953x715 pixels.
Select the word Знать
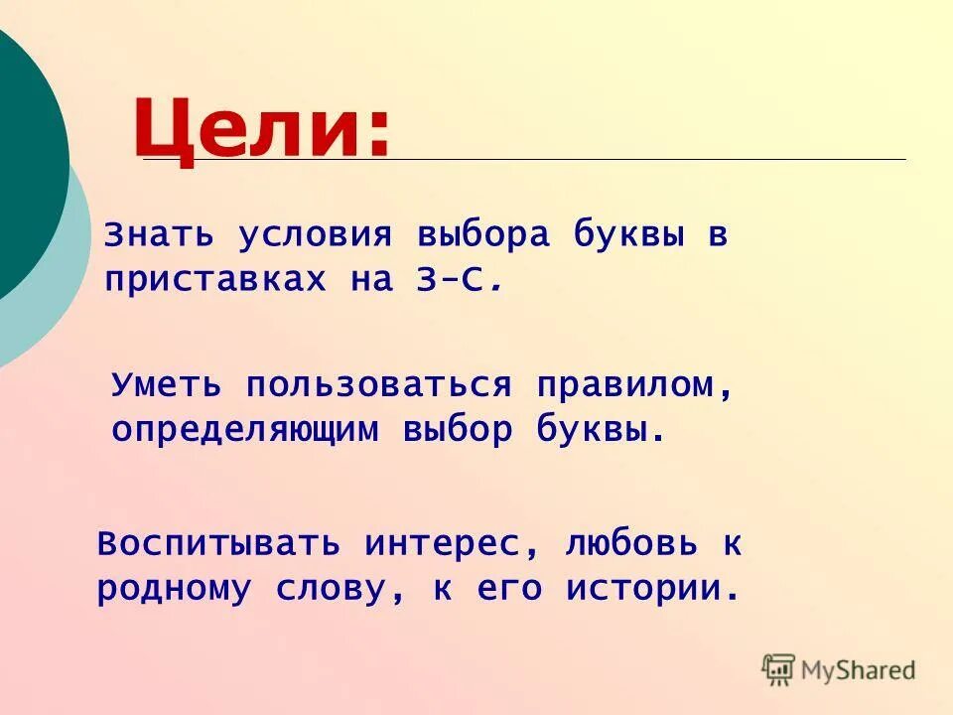tap(160, 236)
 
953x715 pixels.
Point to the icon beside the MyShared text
tap(778, 669)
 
